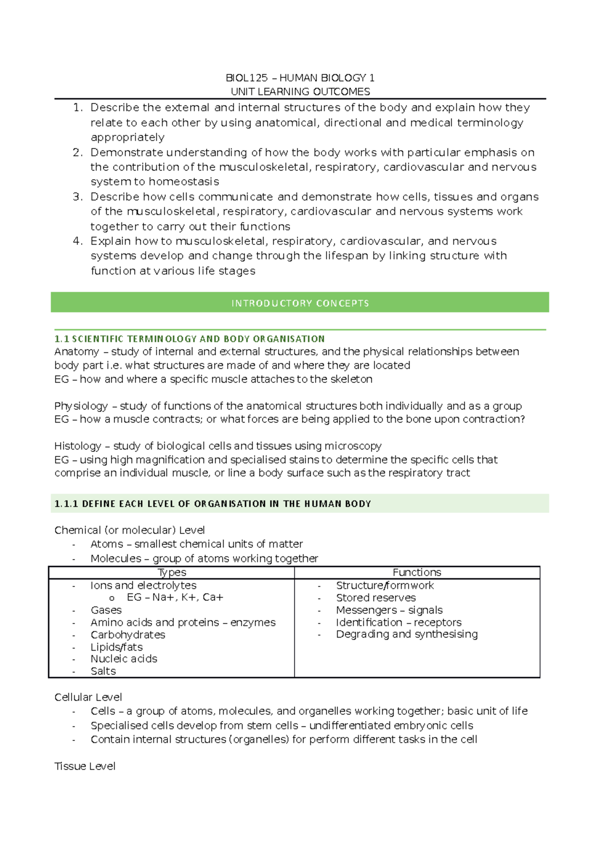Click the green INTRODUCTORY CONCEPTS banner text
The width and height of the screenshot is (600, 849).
coord(300,303)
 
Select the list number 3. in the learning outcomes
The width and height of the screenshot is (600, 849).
coord(77,196)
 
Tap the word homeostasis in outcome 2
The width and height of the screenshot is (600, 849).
coord(183,181)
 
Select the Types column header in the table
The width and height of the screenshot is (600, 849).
coord(172,572)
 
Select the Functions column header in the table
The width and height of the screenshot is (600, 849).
coord(417,572)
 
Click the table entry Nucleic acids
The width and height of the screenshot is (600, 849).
coord(124,659)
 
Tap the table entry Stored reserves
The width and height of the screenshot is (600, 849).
coord(375,598)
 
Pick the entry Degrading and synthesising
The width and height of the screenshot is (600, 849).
coord(406,634)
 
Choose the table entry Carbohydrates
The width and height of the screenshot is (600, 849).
coord(128,635)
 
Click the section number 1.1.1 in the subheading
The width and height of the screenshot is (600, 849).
coord(66,504)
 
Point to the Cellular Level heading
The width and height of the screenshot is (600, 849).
coord(88,697)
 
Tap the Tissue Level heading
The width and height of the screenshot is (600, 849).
coord(85,766)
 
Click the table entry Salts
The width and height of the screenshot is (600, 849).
coord(103,671)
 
